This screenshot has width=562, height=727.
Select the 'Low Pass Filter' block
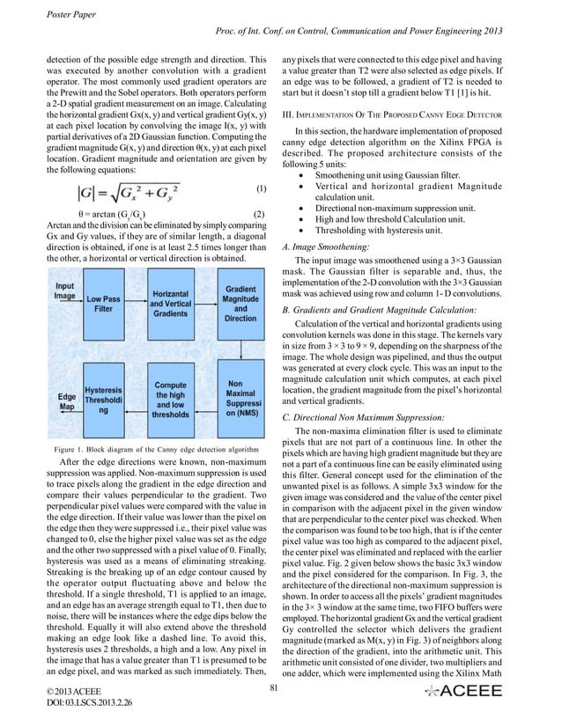[x=104, y=305]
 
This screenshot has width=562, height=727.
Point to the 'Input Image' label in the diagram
[x=65, y=291]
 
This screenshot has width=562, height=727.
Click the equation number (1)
[x=260, y=188]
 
